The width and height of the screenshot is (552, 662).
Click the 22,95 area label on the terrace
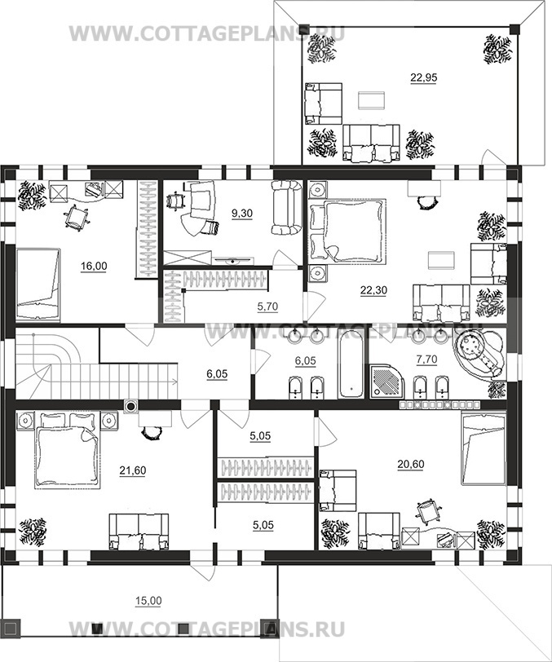pos(424,78)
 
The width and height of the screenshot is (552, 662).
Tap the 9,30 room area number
pos(242,214)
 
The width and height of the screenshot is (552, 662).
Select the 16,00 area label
pos(94,267)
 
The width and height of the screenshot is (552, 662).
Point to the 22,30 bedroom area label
pos(373,290)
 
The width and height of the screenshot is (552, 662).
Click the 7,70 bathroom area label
pos(426,360)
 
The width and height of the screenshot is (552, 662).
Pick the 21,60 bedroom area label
pos(133,470)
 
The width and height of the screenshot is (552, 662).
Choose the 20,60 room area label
pos(410,465)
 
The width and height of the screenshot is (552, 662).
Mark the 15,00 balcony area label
pos(148,601)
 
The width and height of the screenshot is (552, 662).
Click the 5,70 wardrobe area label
pos(267,307)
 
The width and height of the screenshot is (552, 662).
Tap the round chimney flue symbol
pos(131,407)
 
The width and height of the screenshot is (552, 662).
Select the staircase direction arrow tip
pos(177,382)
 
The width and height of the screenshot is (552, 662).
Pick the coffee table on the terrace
pos(372,100)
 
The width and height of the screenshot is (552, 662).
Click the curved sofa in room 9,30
pos(287,207)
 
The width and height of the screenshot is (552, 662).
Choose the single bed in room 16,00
pos(38,285)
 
